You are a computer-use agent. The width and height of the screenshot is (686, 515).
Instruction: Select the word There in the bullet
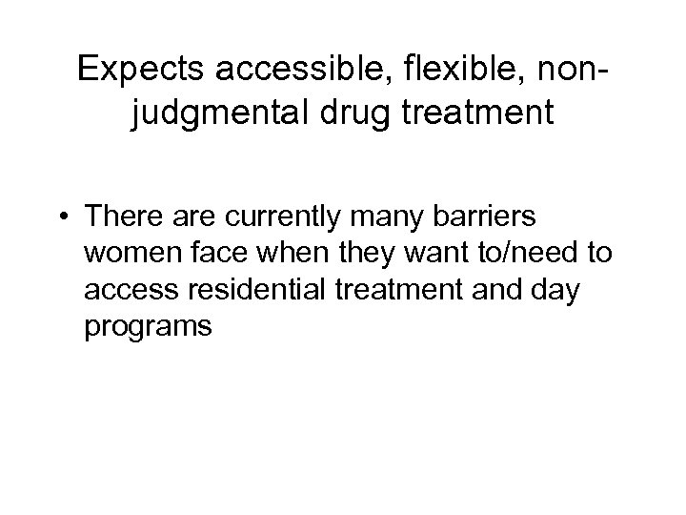pyautogui.click(x=120, y=217)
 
